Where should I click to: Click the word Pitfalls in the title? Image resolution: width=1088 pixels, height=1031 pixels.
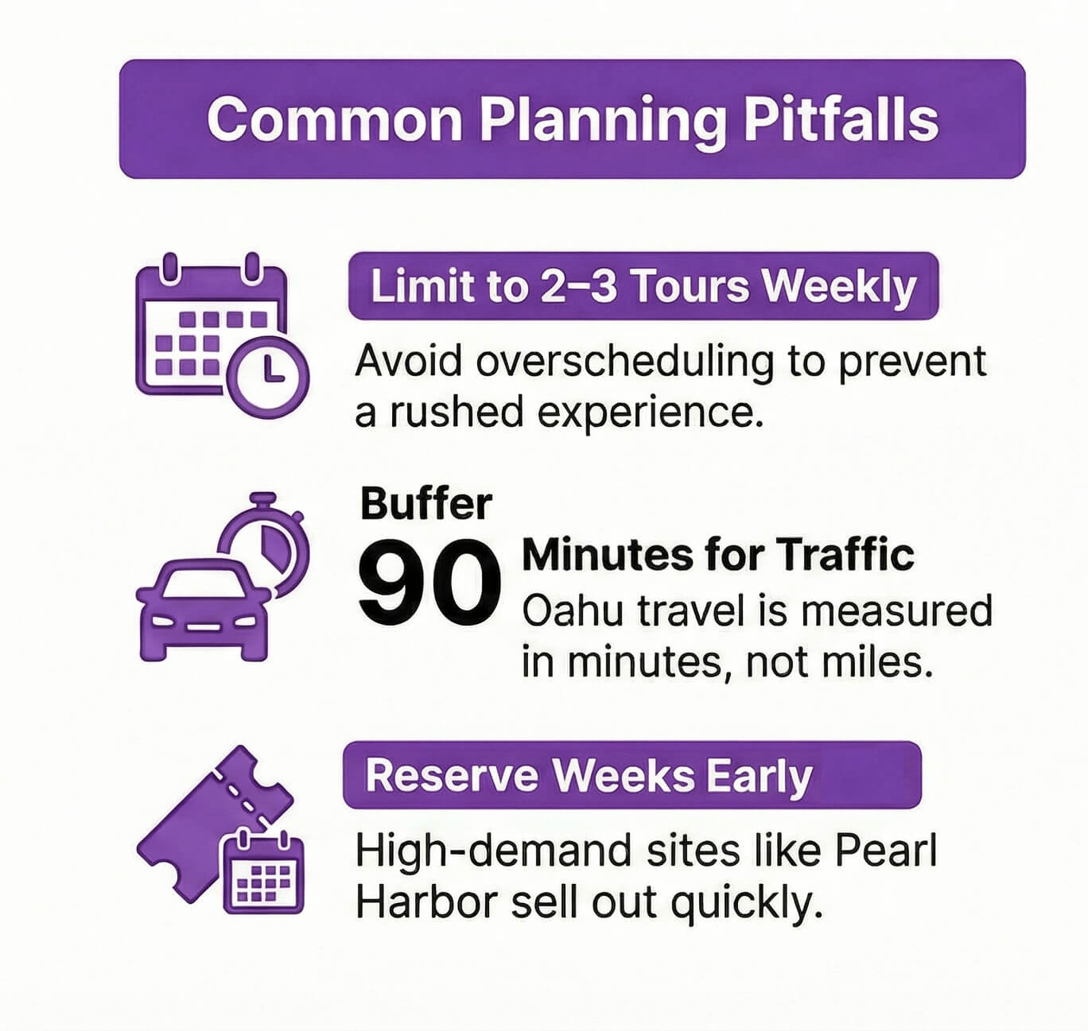pyautogui.click(x=841, y=119)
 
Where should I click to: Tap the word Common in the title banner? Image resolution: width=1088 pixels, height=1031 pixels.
pyautogui.click(x=334, y=119)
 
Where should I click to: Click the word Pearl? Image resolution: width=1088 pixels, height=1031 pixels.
pyautogui.click(x=886, y=852)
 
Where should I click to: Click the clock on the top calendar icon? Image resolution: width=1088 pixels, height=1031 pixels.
pyautogui.click(x=268, y=377)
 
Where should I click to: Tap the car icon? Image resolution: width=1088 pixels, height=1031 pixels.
pyautogui.click(x=204, y=609)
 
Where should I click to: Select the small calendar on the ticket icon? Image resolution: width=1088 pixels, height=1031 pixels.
pyautogui.click(x=263, y=870)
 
